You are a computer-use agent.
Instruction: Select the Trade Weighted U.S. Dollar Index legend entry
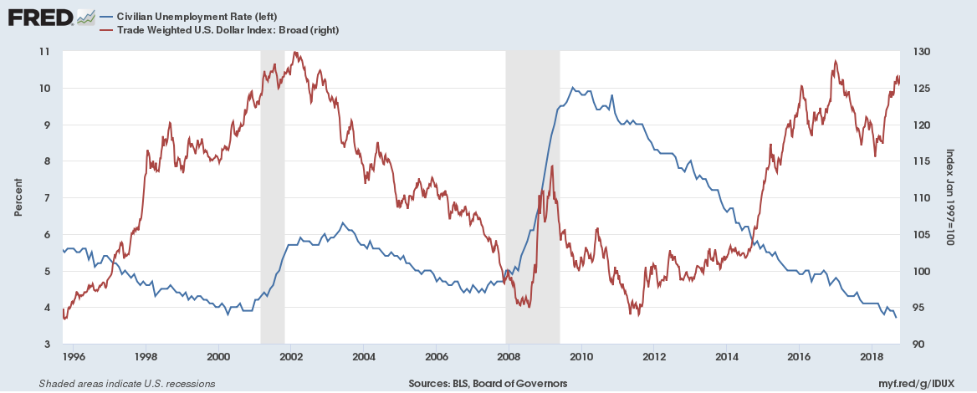[219, 30]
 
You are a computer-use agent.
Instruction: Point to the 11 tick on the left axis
[44, 52]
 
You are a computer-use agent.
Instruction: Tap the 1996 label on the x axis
[74, 357]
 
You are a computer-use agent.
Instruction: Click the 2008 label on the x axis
[509, 357]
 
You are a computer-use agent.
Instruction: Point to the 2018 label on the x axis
[872, 357]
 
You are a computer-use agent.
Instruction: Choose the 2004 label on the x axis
[364, 357]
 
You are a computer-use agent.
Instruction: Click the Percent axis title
[18, 198]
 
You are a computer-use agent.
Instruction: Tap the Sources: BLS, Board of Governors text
[488, 384]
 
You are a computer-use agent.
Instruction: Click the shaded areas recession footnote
[127, 384]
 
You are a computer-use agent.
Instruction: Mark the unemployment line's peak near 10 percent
[572, 88]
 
